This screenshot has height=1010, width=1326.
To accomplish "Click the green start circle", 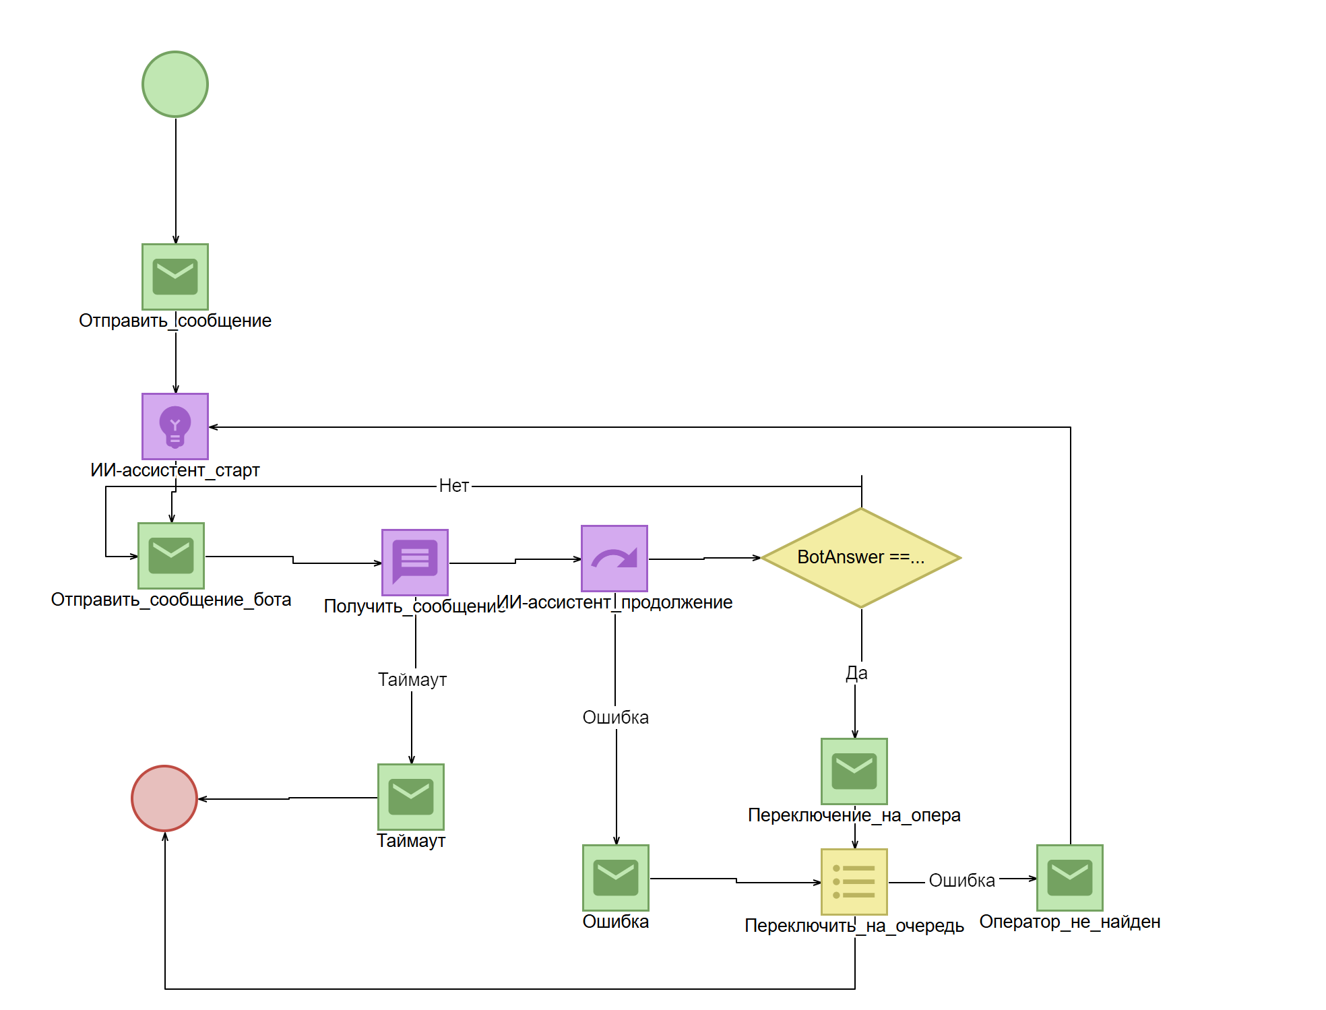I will (175, 84).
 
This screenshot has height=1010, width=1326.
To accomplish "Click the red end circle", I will (164, 798).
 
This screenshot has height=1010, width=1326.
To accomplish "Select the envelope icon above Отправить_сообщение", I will (175, 277).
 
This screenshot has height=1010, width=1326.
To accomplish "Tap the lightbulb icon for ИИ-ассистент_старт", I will (175, 427).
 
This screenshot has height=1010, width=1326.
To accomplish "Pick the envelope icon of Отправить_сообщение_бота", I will (171, 556).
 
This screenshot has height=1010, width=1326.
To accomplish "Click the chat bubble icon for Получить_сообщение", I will (415, 563).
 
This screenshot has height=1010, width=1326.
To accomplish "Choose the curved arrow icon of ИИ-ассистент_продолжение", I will (614, 559).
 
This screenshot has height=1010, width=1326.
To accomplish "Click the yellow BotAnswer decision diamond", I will (861, 558).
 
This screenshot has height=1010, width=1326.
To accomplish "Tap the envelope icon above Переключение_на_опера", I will (854, 771).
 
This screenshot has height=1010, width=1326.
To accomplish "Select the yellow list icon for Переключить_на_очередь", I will (854, 882).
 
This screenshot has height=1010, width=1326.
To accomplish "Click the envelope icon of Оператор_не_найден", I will (1070, 878).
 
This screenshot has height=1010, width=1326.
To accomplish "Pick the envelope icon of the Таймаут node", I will (411, 797).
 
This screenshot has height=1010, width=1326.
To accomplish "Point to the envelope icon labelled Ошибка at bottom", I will (616, 878).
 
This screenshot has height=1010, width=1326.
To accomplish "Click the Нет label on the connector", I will (454, 486).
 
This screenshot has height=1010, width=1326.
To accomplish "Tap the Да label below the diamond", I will (857, 673).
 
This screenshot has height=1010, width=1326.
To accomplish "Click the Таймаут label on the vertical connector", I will (412, 680).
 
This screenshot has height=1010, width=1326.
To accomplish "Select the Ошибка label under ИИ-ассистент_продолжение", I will (616, 718).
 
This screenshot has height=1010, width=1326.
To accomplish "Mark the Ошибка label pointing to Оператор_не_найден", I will (962, 881).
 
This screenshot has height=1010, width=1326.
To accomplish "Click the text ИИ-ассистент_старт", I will (175, 470).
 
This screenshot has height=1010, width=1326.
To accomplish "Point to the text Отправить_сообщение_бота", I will (171, 600).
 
